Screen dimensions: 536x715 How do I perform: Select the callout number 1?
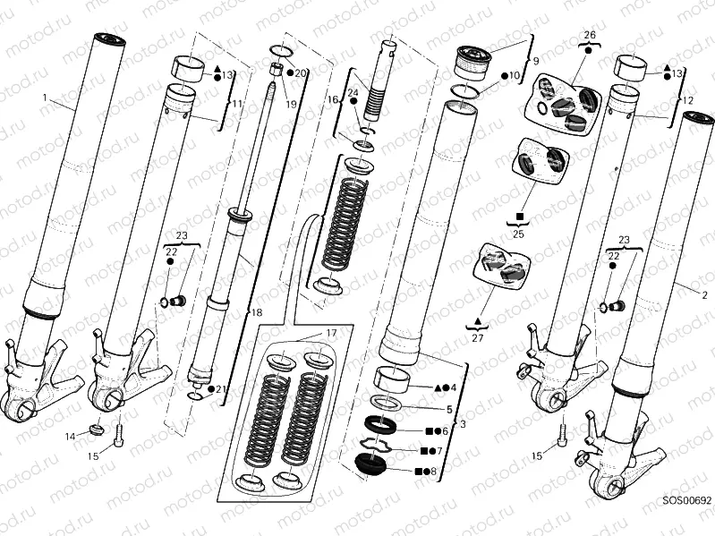coord(45,96)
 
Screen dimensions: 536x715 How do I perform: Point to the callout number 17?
coord(330,334)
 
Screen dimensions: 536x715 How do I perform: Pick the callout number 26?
coord(589,35)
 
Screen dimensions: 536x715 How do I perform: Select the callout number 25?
coord(518,234)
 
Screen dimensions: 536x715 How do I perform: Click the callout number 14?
coord(71,436)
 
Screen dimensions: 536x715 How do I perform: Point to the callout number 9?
coord(535,62)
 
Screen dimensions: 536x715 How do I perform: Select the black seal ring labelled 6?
coord(379,425)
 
